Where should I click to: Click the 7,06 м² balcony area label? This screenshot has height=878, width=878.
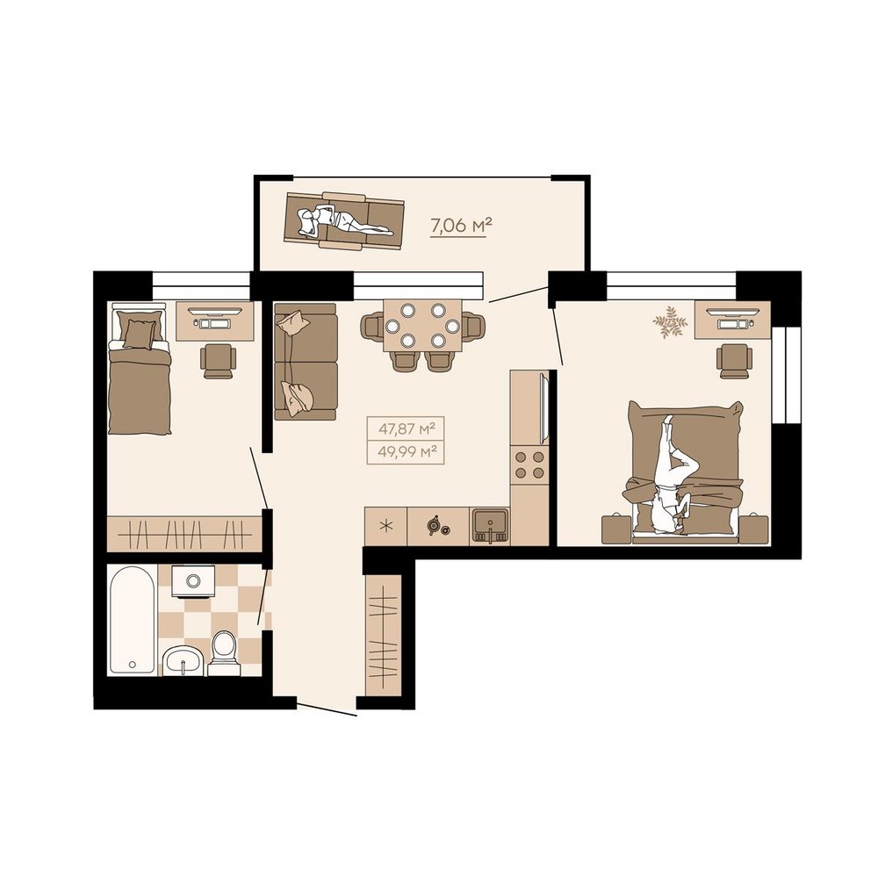point(460,226)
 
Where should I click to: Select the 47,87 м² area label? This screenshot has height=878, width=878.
point(407,429)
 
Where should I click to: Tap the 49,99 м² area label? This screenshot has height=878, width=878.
point(407,451)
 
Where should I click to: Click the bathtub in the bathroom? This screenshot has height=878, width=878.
point(133,619)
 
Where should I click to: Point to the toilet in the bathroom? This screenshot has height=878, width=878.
point(224,653)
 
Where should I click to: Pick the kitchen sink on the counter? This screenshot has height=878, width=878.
point(490,526)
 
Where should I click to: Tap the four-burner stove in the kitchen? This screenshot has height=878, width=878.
point(529,464)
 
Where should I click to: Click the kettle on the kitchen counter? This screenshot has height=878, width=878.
point(435,525)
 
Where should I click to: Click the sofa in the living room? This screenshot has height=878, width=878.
point(306,362)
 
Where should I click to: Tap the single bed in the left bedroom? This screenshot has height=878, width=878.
point(140,369)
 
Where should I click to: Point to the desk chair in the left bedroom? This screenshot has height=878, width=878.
point(218,361)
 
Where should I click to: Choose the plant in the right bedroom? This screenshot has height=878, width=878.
point(670,322)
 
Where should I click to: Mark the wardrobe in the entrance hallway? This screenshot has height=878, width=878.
point(384,636)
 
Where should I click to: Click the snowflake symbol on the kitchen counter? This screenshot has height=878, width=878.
point(385,526)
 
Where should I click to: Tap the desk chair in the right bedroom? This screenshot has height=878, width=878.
point(734,361)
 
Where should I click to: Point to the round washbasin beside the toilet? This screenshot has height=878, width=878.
point(184,661)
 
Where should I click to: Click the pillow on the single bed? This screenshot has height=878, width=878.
point(139,334)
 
